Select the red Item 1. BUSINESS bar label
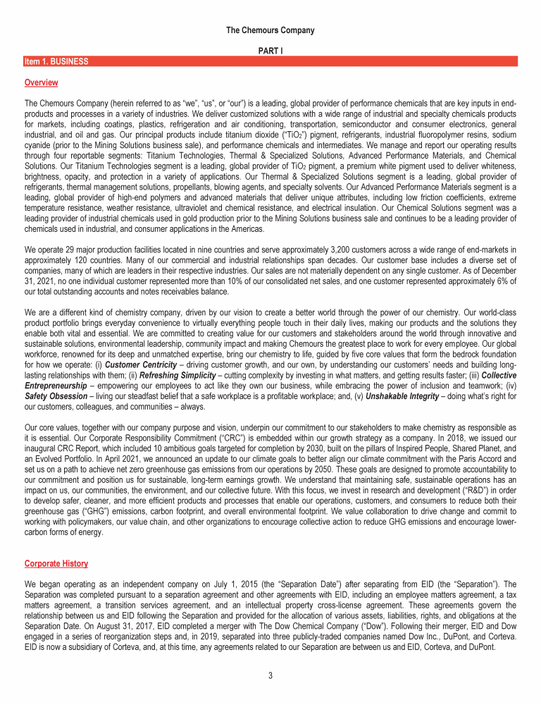click(x=56, y=62)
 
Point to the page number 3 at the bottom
click(x=270, y=676)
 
